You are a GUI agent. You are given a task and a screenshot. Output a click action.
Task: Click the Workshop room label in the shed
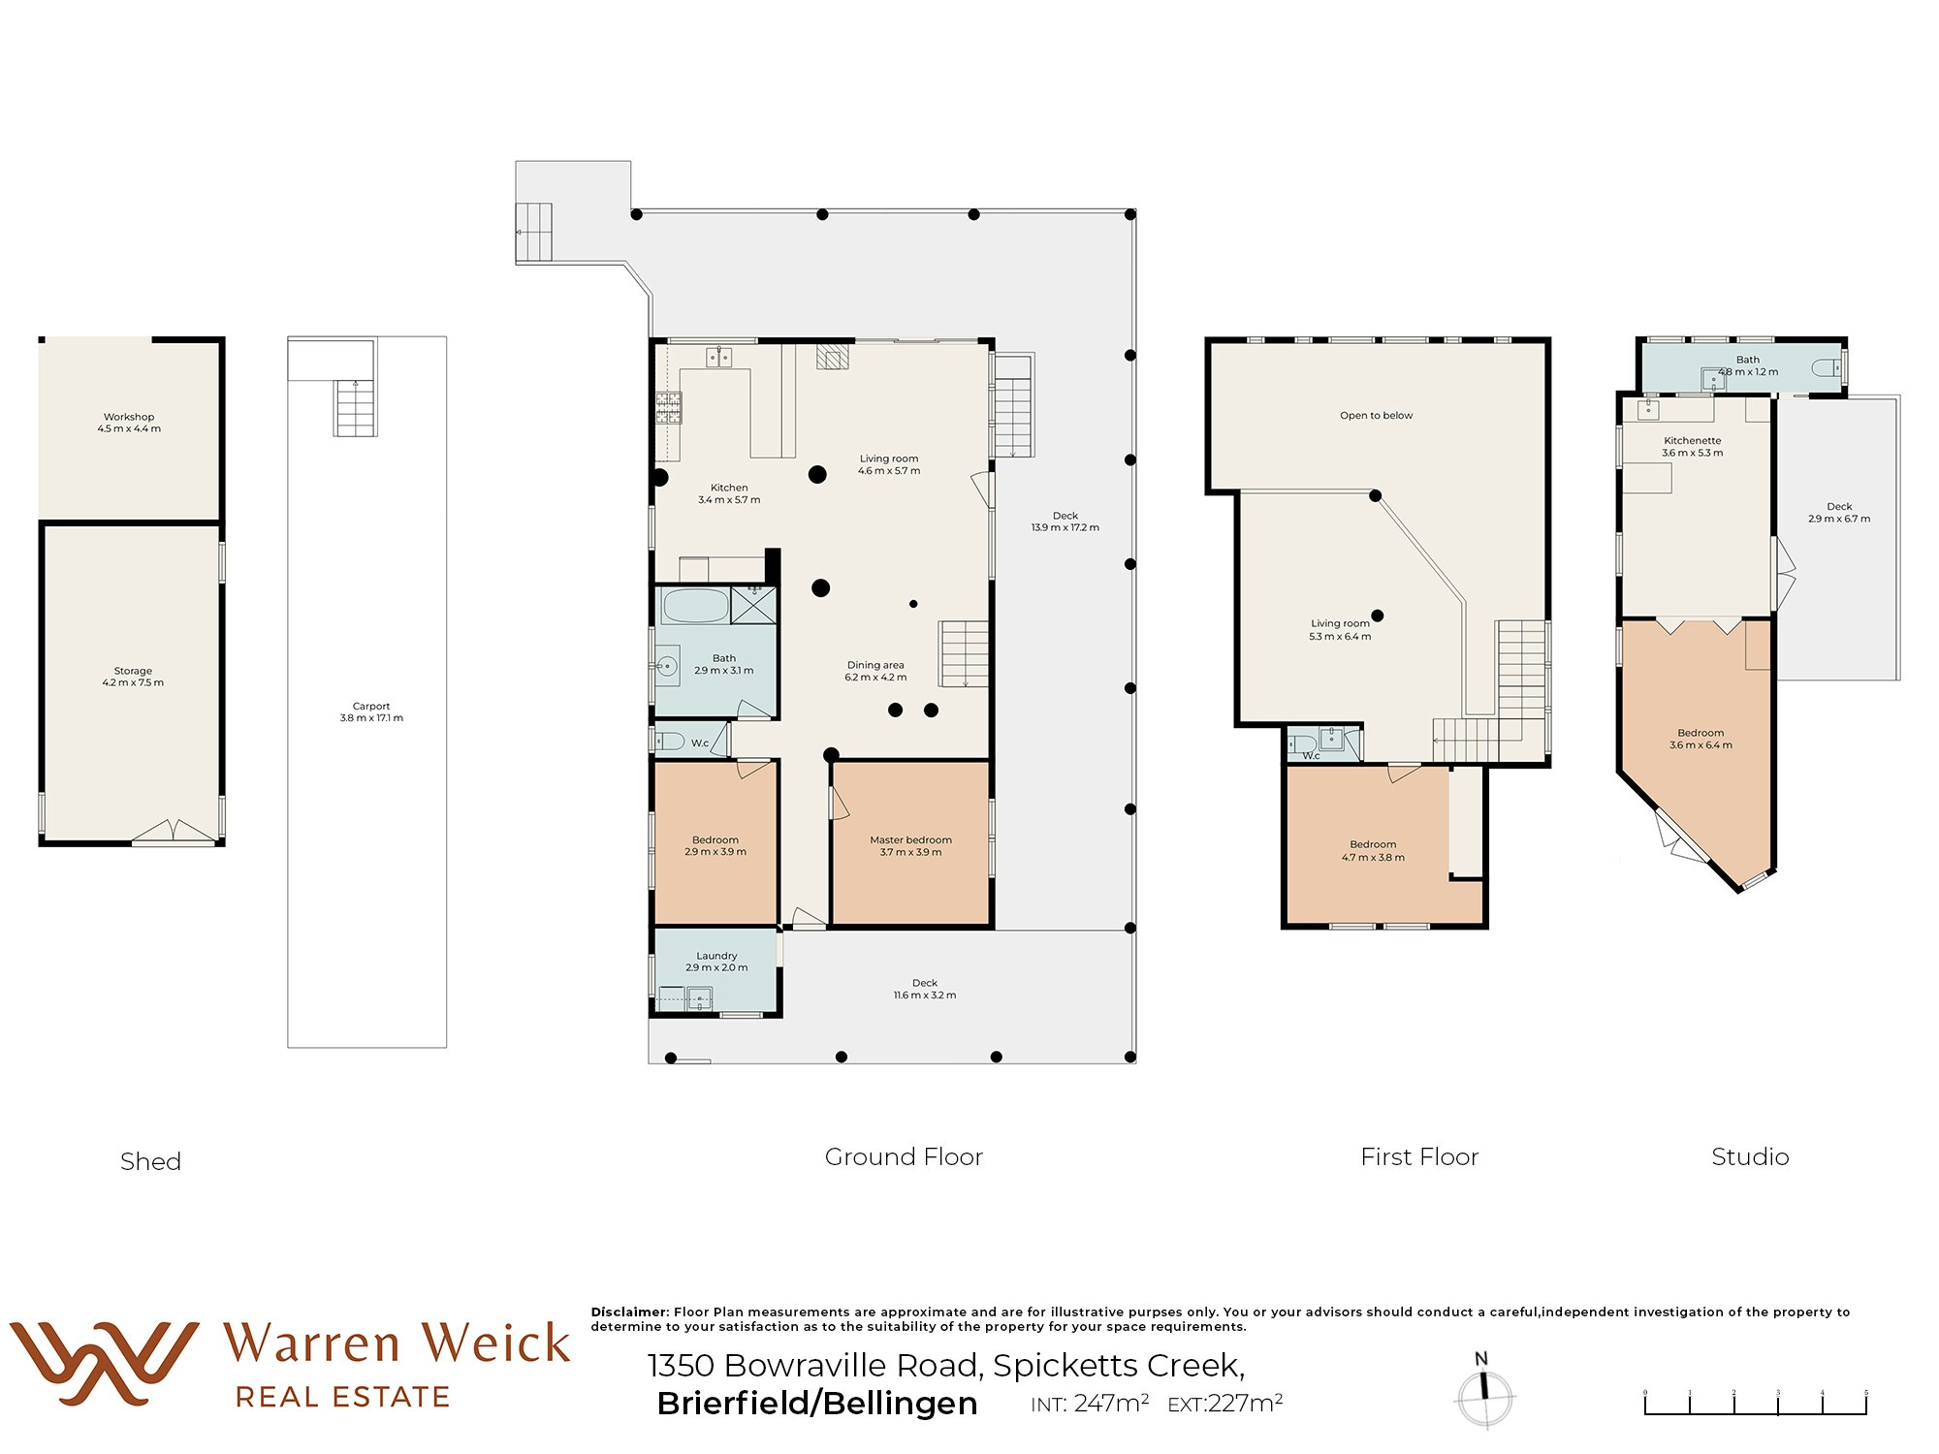point(129,423)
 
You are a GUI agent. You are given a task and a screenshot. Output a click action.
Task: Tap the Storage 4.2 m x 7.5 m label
point(133,677)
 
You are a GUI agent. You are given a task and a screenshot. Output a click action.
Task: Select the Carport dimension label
point(371,712)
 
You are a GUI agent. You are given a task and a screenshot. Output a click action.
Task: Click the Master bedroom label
point(910,846)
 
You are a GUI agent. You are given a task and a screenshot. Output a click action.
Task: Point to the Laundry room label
point(716,962)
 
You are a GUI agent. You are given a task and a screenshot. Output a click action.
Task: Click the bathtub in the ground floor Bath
point(695,606)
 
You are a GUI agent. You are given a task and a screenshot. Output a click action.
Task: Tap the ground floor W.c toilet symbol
point(670,742)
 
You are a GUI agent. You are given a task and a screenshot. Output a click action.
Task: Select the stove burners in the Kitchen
point(668,407)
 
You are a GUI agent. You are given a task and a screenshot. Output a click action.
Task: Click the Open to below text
point(1376,416)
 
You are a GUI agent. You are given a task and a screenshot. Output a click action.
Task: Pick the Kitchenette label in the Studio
point(1692,446)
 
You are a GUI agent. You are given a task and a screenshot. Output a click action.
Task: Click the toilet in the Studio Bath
point(1827,368)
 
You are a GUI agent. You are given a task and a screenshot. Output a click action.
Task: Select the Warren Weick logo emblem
point(103,1362)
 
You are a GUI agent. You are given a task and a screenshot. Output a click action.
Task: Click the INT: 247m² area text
point(1090,1404)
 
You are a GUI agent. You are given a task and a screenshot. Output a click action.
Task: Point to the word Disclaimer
point(629,1312)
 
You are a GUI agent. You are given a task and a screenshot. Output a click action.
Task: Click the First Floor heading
point(1419,1156)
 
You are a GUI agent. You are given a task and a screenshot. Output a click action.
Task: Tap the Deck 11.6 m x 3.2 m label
point(924,989)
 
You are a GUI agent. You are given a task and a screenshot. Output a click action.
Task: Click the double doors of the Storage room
point(175,832)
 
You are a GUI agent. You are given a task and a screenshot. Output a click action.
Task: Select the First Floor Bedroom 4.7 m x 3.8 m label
point(1373,851)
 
